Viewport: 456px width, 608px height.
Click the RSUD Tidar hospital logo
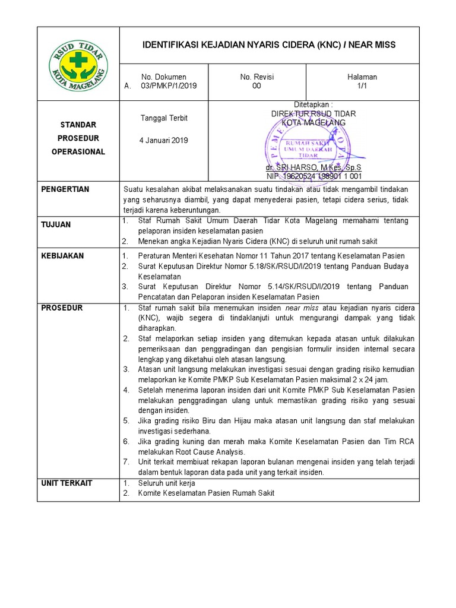click(x=78, y=64)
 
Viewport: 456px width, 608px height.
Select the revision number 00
click(x=256, y=85)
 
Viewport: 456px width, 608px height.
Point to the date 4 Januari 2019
click(x=164, y=141)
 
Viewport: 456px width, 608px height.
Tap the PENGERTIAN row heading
click(x=65, y=189)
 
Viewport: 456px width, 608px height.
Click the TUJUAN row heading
click(x=56, y=224)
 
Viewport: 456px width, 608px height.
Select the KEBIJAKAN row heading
click(x=62, y=256)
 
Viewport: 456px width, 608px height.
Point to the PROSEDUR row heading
click(x=62, y=308)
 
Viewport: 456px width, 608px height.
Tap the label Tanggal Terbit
click(x=164, y=118)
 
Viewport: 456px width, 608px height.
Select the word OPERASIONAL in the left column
click(x=78, y=151)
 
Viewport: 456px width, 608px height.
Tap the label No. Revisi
click(x=256, y=77)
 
